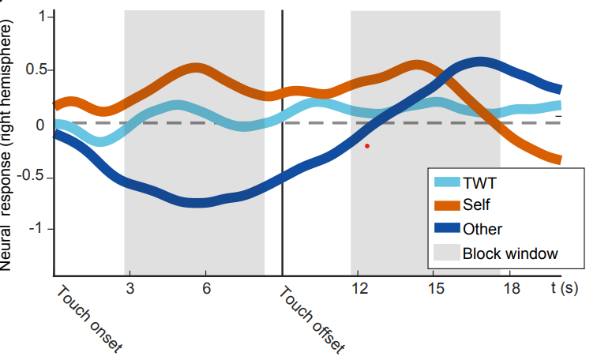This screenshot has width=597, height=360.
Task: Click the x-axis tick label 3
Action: click(x=130, y=288)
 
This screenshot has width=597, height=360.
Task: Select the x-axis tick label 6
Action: click(x=206, y=288)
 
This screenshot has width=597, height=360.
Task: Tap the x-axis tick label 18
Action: click(x=511, y=288)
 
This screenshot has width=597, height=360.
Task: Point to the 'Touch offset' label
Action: click(x=313, y=320)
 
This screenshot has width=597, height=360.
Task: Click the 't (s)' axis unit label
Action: click(x=565, y=288)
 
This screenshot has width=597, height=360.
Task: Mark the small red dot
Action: click(x=367, y=146)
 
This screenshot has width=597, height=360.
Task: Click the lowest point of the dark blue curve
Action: click(x=201, y=203)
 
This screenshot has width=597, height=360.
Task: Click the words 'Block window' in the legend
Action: click(x=510, y=253)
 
